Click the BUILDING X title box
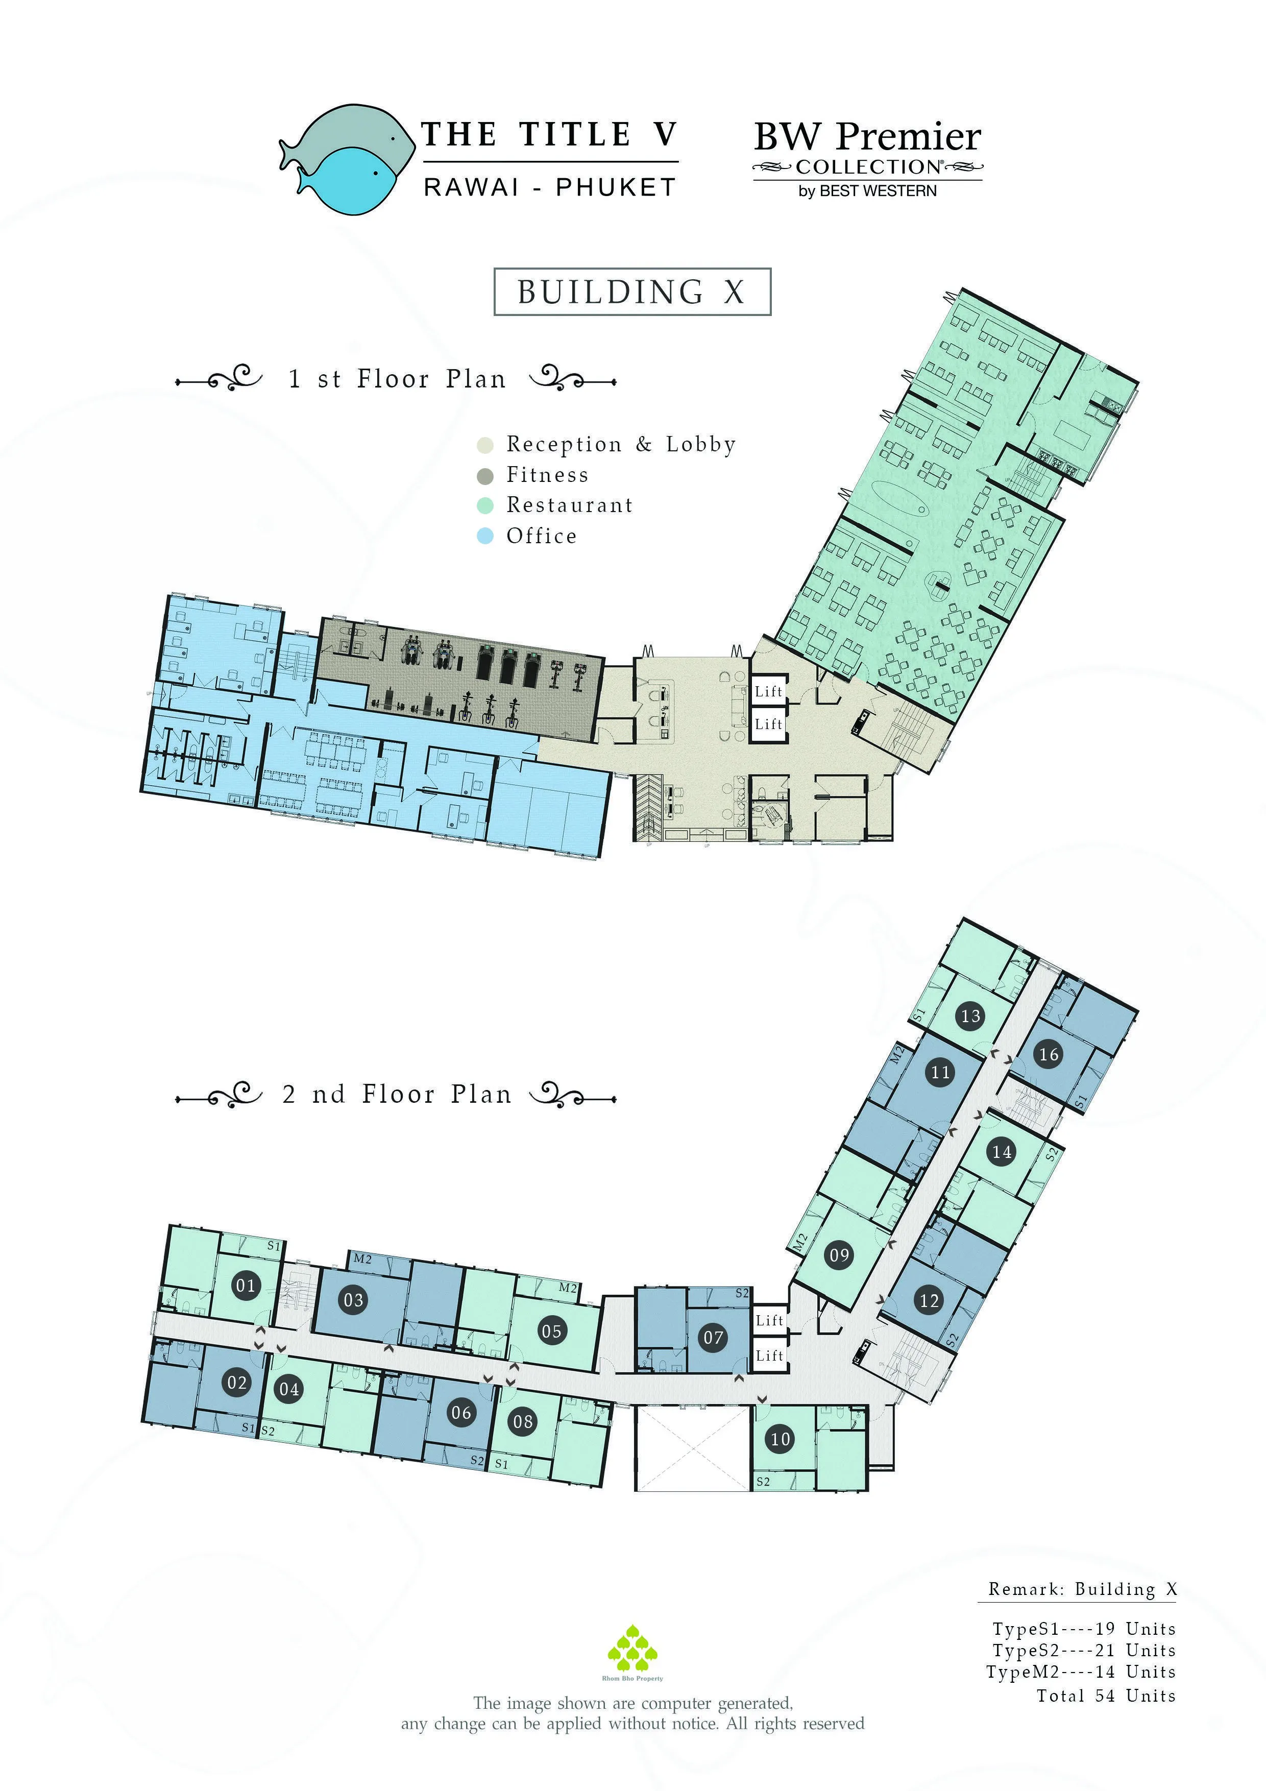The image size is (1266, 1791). pos(632,292)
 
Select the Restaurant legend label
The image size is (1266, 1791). pos(569,505)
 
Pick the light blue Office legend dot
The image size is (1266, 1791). pos(485,537)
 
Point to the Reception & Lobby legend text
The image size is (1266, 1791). pos(621,445)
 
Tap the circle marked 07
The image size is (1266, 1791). pos(714,1338)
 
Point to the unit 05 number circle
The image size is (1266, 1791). pos(551,1332)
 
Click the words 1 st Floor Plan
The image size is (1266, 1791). pos(397,379)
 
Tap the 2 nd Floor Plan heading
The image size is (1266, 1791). pos(397,1095)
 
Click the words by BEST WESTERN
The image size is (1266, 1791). pos(867,191)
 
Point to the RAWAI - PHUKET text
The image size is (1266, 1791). pos(550,188)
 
